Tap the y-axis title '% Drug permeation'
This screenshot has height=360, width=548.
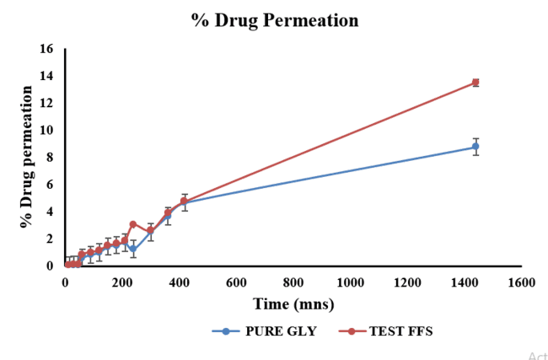[x=27, y=162]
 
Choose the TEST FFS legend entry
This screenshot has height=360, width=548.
[x=390, y=331]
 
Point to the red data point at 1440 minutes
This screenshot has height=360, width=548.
[x=475, y=82]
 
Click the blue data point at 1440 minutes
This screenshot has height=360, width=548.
[x=475, y=147]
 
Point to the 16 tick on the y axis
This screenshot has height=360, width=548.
[x=46, y=49]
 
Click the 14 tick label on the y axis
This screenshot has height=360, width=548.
[x=46, y=76]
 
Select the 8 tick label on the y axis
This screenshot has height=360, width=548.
[x=50, y=157]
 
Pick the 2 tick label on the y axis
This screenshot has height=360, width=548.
[x=50, y=239]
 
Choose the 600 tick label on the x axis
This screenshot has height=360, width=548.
[x=236, y=282]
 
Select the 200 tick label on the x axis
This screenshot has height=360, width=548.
[x=122, y=282]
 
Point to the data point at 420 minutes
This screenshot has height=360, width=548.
[x=185, y=202]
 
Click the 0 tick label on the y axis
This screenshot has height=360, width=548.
[x=50, y=266]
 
